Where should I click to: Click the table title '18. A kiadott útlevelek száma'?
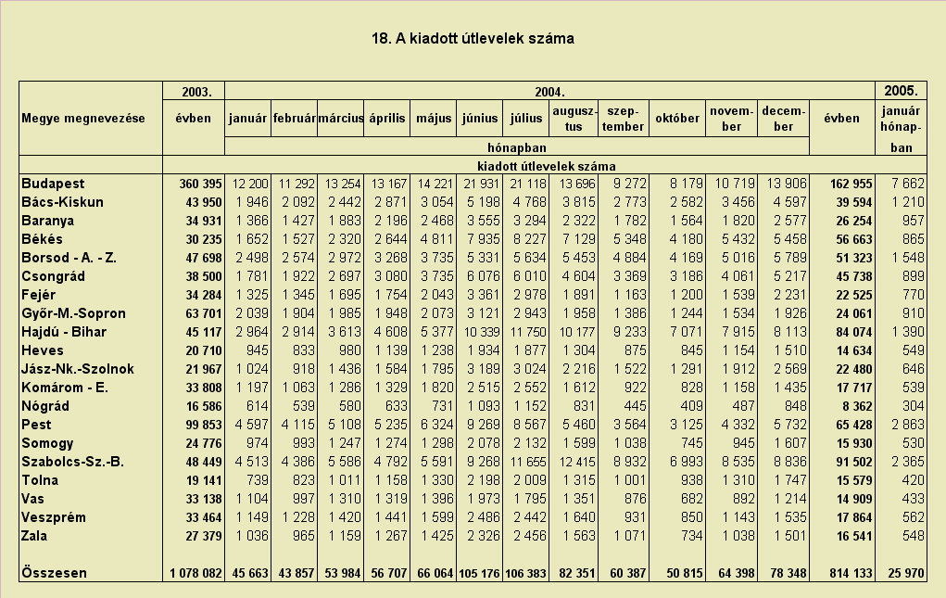(x=473, y=39)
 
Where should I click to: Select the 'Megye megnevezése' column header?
(x=83, y=119)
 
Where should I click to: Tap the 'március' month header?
(x=341, y=119)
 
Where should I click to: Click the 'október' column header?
(x=677, y=119)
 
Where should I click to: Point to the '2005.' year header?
(x=901, y=91)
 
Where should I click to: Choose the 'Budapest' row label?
(x=53, y=184)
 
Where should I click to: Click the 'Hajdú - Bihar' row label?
(x=63, y=332)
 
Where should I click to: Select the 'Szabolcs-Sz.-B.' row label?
(x=72, y=462)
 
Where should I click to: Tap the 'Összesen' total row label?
(x=54, y=573)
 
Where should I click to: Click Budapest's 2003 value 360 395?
(x=200, y=184)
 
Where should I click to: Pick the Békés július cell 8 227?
(x=530, y=239)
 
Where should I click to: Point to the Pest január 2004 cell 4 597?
(x=252, y=425)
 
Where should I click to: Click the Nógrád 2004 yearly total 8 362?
(x=853, y=407)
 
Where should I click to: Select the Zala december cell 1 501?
(x=790, y=536)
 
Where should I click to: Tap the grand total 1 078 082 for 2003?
(x=196, y=573)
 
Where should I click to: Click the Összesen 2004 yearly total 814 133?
(x=851, y=573)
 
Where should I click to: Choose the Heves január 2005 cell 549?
(x=913, y=350)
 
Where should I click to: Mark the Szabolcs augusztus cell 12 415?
(x=576, y=463)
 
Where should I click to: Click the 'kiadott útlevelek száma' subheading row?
(x=547, y=166)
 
